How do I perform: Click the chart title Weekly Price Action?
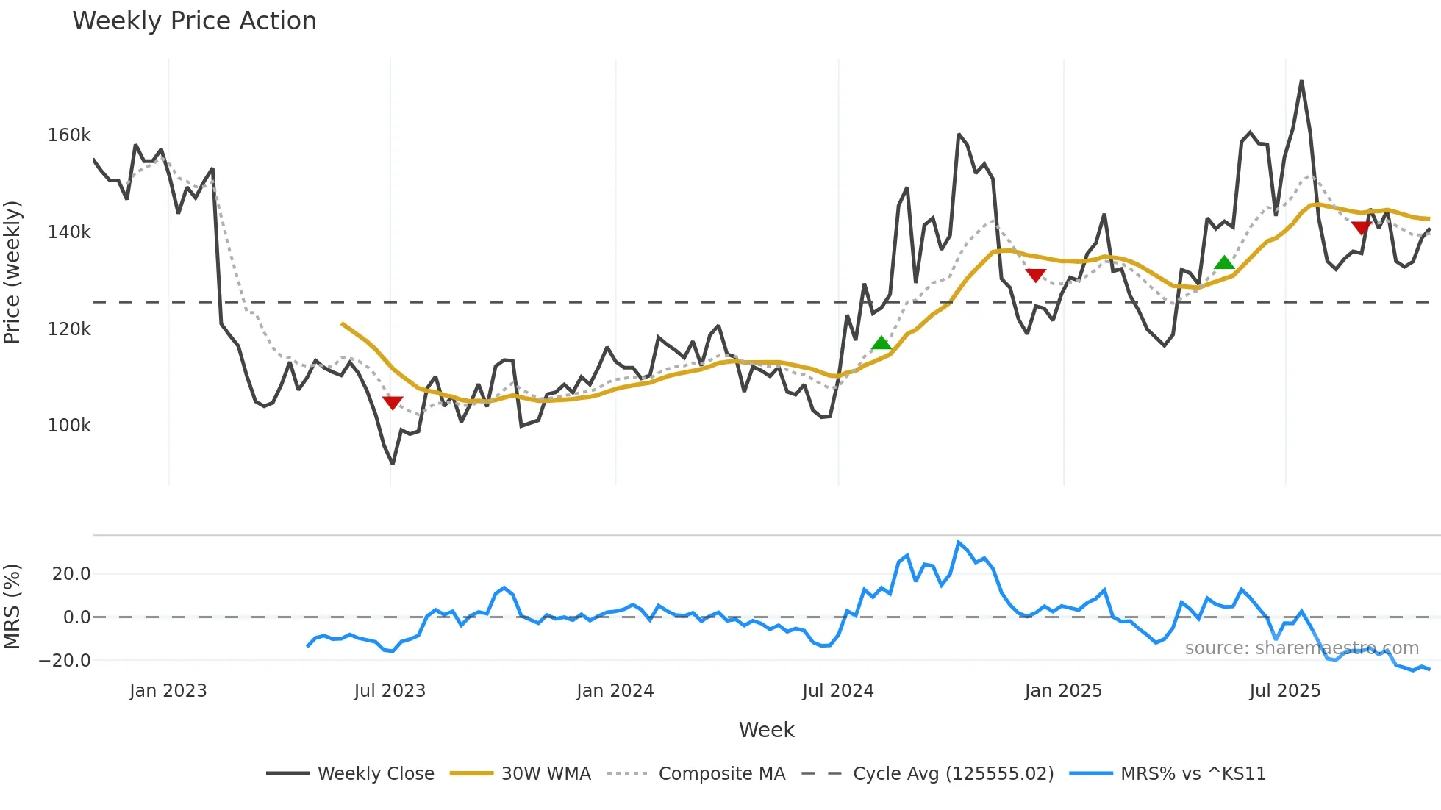(x=194, y=21)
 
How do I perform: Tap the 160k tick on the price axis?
(x=69, y=135)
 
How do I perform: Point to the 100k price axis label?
(x=69, y=426)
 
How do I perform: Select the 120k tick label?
(x=69, y=329)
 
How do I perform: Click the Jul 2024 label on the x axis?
(x=837, y=691)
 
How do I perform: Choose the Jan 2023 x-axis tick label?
(x=168, y=691)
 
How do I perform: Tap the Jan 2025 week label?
(x=1063, y=691)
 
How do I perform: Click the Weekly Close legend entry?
(x=351, y=773)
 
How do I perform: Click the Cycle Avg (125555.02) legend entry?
(x=928, y=773)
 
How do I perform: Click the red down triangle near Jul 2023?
(x=393, y=403)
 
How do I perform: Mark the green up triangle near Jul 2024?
(x=881, y=343)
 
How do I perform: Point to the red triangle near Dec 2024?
(x=1035, y=276)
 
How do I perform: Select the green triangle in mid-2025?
(x=1224, y=262)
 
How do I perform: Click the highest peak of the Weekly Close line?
(x=1301, y=82)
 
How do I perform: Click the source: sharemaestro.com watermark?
(x=1301, y=648)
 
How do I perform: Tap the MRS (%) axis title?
(x=12, y=606)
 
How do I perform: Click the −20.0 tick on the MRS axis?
(x=65, y=660)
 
